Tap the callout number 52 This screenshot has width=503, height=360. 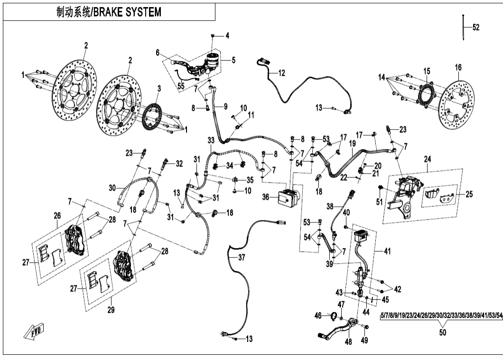[x=475, y=28]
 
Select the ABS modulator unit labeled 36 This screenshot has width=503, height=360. [x=288, y=195]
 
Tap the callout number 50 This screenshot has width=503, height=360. [x=442, y=333]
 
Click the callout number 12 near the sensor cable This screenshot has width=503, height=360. [x=281, y=73]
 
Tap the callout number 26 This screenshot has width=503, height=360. [x=57, y=216]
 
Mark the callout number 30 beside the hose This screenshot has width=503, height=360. [x=112, y=188]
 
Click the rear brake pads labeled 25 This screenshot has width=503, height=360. [x=441, y=196]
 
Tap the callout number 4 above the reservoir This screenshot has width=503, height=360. [x=227, y=36]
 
